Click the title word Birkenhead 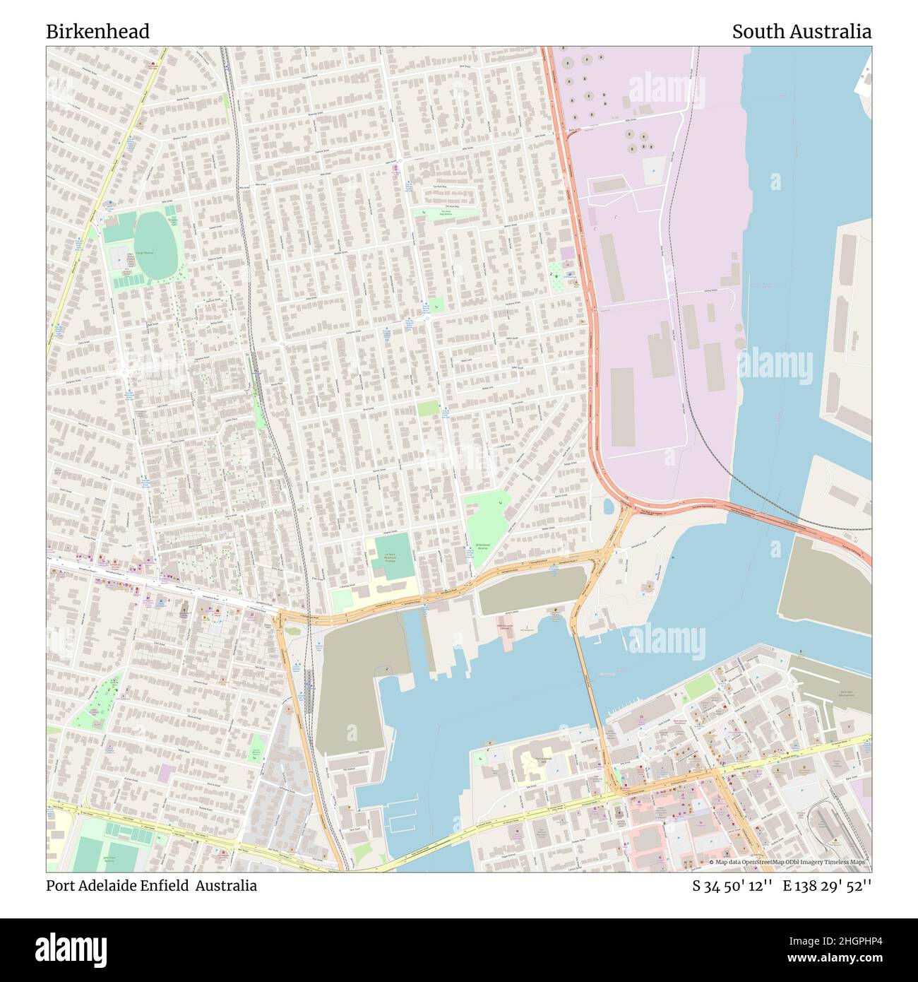point(97,32)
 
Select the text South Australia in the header point(801,32)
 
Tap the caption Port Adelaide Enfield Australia point(152,885)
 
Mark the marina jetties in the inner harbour point(399,816)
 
